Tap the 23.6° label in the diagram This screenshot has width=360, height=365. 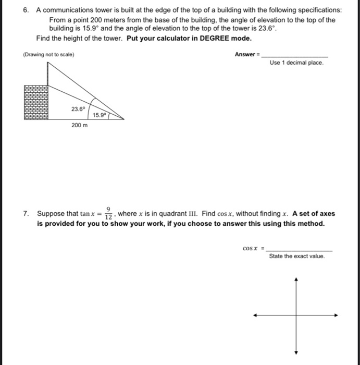coord(78,109)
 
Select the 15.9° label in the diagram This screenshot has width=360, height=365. coord(99,114)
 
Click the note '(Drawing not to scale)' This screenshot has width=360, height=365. coord(48,55)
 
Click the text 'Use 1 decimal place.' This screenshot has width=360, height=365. coord(296,63)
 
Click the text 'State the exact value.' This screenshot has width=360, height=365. coord(296,256)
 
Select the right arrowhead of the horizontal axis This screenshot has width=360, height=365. coord(337,315)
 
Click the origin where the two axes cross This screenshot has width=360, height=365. coord(296,315)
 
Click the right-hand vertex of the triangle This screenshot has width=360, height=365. coord(123,119)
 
